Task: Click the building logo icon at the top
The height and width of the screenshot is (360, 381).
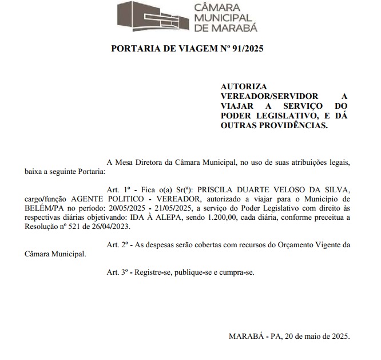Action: point(151,17)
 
